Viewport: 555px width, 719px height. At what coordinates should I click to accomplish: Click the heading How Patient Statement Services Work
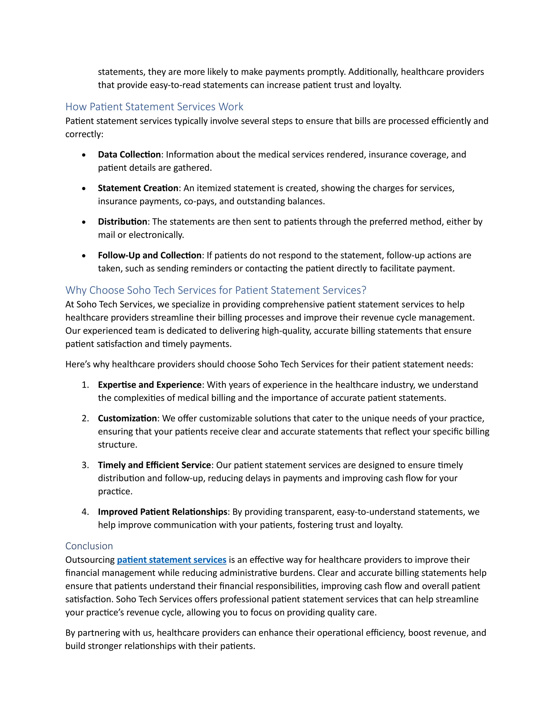coord(154,107)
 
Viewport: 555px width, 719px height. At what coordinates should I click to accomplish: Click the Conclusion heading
coord(89,546)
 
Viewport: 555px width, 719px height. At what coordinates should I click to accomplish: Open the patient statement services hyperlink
coord(172,560)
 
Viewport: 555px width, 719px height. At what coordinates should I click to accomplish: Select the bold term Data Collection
coord(129,154)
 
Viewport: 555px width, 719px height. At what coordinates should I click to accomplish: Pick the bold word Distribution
coord(122,222)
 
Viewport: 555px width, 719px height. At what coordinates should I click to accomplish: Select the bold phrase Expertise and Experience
coord(150,384)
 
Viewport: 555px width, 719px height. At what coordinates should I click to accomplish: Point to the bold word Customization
coord(127,418)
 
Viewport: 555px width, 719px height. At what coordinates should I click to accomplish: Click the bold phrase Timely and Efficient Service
coord(154,465)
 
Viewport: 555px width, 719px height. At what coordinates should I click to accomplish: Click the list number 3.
coord(85,465)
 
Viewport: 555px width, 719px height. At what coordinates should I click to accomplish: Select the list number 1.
coord(85,384)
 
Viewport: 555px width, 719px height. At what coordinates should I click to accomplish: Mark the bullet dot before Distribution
coord(84,222)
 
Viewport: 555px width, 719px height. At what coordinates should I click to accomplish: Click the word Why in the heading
coord(76,290)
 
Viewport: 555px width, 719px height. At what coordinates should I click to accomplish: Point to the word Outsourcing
coord(90,560)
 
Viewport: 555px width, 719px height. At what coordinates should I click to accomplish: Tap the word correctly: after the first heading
coord(84,134)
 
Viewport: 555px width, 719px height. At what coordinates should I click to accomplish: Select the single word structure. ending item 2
coord(117,444)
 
